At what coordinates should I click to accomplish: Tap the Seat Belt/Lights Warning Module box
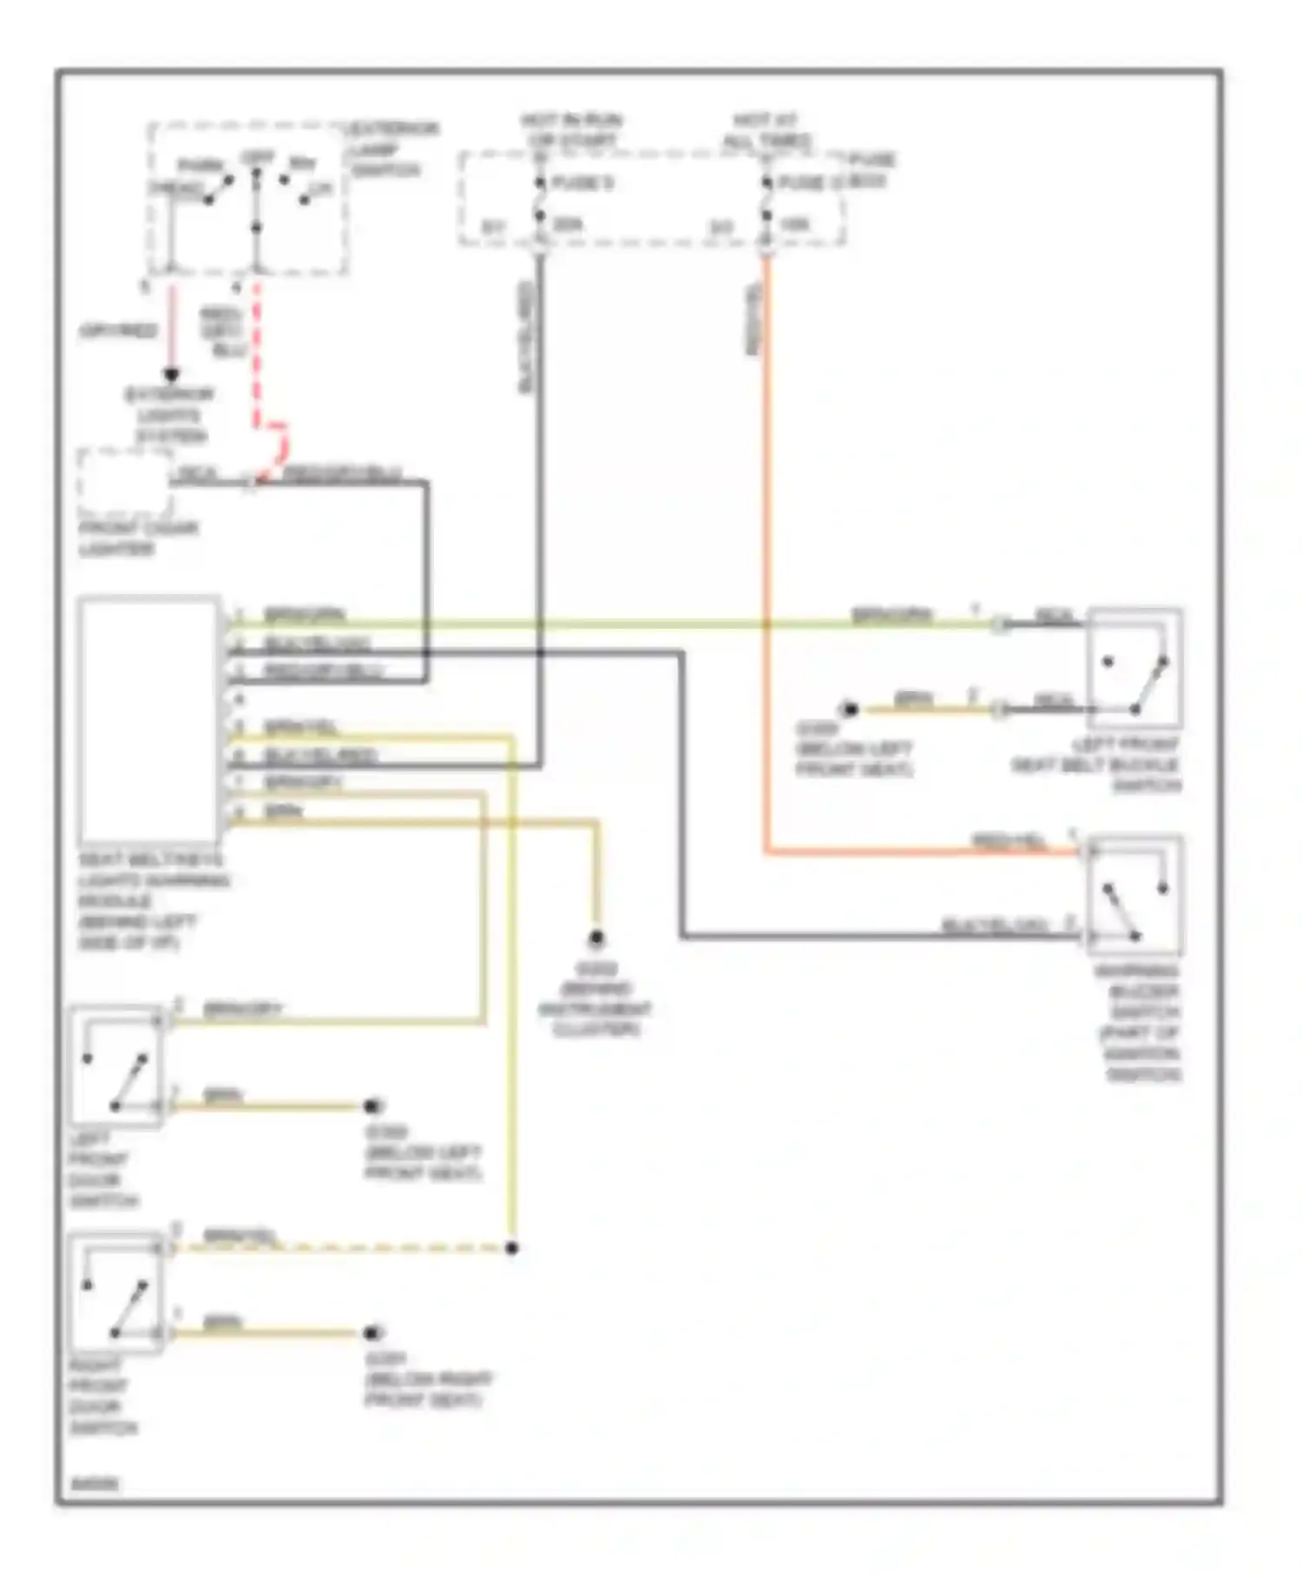148,720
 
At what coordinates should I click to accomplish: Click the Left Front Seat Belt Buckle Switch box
1134,669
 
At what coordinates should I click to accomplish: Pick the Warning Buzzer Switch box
1134,896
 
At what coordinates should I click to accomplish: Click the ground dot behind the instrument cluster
596,939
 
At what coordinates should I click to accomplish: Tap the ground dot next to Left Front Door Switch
373,1106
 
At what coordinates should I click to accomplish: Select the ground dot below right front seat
373,1333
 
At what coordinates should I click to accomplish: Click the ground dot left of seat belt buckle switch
851,710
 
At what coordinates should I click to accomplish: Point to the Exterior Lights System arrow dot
172,375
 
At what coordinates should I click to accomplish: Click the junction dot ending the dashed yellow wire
512,1248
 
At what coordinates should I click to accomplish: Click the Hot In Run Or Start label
570,130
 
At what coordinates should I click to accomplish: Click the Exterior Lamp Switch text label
392,149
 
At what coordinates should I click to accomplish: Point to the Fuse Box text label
871,170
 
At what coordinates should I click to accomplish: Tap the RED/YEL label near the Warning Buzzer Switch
1009,841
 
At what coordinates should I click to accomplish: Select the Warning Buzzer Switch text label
1139,1023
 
